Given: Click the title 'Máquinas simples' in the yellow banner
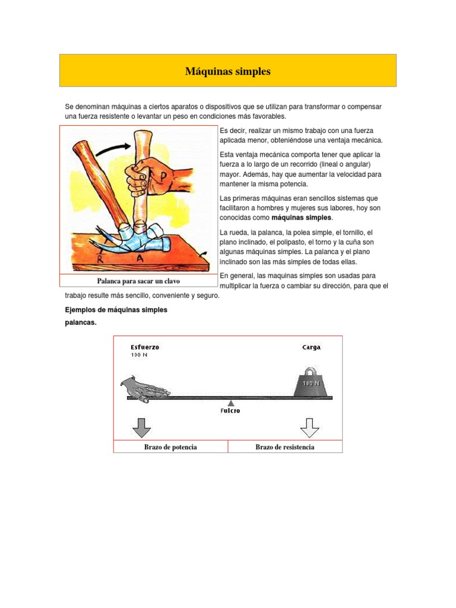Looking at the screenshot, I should tap(227, 71).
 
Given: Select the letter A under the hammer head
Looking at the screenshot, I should tap(139, 259).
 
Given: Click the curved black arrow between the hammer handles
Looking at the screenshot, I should tap(110, 150).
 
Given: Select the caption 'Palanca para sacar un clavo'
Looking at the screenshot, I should tap(138, 281).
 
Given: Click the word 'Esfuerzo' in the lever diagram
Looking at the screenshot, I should tap(145, 347).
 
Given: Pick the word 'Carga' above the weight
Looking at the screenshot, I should tap(311, 347).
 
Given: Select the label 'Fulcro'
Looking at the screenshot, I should tap(230, 411).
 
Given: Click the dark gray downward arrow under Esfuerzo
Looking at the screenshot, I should tap(141, 427).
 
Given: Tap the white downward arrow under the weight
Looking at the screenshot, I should tap(310, 427).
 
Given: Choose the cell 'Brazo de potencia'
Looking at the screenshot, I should tap(171, 447).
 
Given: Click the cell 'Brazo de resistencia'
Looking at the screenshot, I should tap(285, 447).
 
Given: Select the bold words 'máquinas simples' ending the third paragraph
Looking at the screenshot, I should tap(302, 218).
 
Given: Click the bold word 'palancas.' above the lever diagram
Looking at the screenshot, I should tap(80, 322).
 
